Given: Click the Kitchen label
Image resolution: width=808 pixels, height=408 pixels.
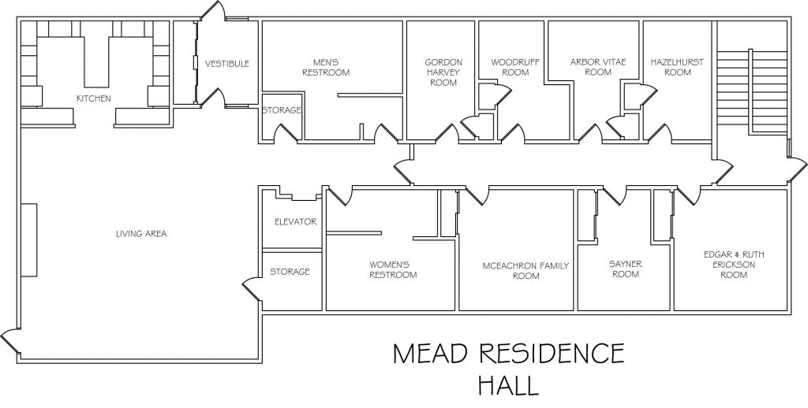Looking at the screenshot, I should coord(93,98).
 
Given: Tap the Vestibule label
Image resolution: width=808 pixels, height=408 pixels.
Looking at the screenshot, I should coord(227,64).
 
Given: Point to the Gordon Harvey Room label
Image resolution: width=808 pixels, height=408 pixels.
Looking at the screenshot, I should coord(443,72).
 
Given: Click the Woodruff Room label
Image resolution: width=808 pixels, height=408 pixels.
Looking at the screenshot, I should coord(509,67).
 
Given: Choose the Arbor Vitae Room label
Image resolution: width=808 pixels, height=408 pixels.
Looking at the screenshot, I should coord(591,67).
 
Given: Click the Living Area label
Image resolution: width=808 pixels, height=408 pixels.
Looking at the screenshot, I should coord(141,234).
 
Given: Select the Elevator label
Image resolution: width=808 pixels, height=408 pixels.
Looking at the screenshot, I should coord(295,222).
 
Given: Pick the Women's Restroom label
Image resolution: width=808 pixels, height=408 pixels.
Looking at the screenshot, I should coord(393,269).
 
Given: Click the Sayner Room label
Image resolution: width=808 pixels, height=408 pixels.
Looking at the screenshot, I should coord(624,269).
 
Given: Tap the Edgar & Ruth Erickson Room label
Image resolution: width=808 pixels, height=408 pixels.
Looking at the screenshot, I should coord(734,265).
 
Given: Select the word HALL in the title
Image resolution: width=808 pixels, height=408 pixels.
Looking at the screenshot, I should coord(507,386).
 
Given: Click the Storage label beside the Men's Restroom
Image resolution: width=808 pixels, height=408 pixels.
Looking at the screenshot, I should coord(282,110).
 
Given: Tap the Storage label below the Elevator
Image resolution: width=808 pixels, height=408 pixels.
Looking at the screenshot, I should coord(290,272).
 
